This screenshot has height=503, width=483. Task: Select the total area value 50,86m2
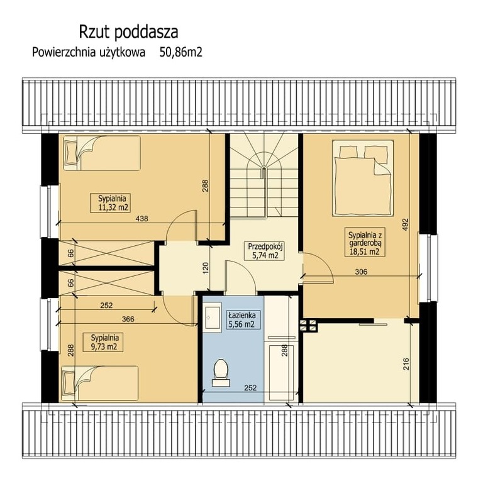click(181, 53)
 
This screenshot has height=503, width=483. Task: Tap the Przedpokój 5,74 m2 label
click(264, 251)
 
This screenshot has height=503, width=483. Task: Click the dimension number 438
click(142, 219)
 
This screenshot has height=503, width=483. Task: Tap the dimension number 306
click(360, 272)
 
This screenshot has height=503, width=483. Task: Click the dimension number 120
click(205, 268)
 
